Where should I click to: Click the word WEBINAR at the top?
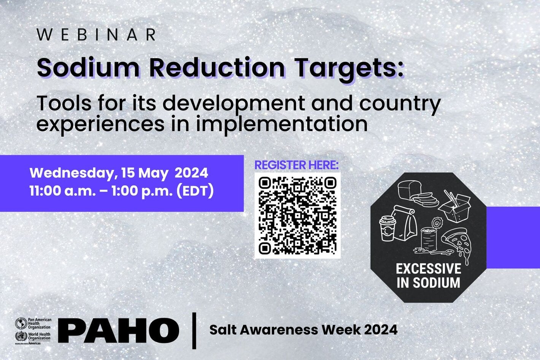click(97, 35)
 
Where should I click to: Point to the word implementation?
click(281, 124)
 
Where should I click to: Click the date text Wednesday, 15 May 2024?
click(119, 173)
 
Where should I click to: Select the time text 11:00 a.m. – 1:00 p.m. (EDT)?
click(122, 190)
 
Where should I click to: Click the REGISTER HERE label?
click(297, 165)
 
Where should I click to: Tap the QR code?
click(297, 216)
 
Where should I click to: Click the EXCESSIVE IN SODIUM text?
click(428, 276)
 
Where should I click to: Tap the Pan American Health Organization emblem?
click(19, 323)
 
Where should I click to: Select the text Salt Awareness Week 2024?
click(303, 330)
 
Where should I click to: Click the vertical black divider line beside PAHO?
click(195, 330)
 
